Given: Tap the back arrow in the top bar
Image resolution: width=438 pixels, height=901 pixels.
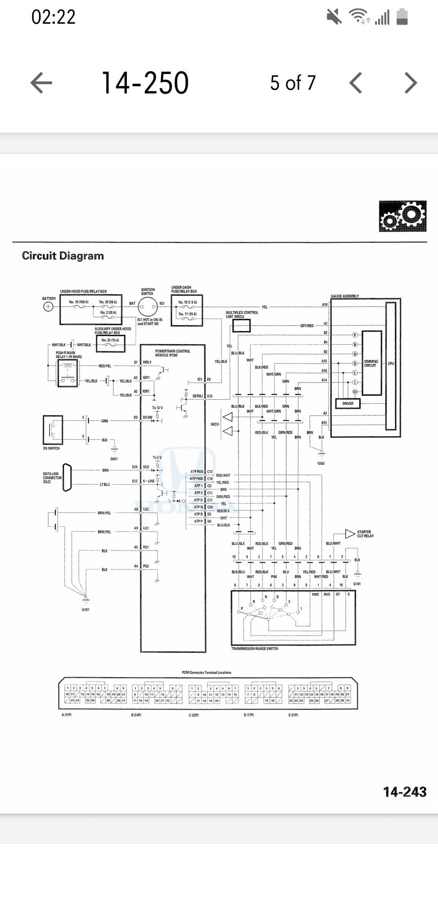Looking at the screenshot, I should (41, 83).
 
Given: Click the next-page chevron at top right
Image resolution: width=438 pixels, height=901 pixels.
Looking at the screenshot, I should (411, 83).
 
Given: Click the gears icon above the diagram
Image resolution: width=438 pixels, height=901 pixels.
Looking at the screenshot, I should (402, 217).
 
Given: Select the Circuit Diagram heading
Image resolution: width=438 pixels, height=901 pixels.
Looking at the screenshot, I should (63, 256).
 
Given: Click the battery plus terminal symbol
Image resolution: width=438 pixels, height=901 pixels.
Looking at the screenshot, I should (48, 307).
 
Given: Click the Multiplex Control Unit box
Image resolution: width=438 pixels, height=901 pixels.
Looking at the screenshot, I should (241, 326).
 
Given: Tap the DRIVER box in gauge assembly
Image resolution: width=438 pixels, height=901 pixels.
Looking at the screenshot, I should (348, 403).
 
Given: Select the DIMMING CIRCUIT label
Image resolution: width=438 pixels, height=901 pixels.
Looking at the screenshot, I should (371, 363).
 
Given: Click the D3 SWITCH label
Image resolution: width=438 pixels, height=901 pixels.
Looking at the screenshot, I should (51, 448).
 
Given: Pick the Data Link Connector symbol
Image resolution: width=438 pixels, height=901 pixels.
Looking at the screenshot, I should (67, 477).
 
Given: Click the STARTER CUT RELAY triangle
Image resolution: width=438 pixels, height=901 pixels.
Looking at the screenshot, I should (350, 534).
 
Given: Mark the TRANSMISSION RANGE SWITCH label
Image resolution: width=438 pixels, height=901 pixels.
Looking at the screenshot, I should (254, 649).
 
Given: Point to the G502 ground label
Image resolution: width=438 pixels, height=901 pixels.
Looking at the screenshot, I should (321, 463).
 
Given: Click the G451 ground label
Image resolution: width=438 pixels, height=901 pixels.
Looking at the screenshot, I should (114, 459).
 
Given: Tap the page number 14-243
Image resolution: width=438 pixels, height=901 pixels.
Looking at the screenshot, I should (404, 792).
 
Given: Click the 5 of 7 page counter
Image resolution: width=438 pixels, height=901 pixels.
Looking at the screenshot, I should (293, 83).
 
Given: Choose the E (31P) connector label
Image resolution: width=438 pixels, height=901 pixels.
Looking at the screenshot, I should (293, 715).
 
